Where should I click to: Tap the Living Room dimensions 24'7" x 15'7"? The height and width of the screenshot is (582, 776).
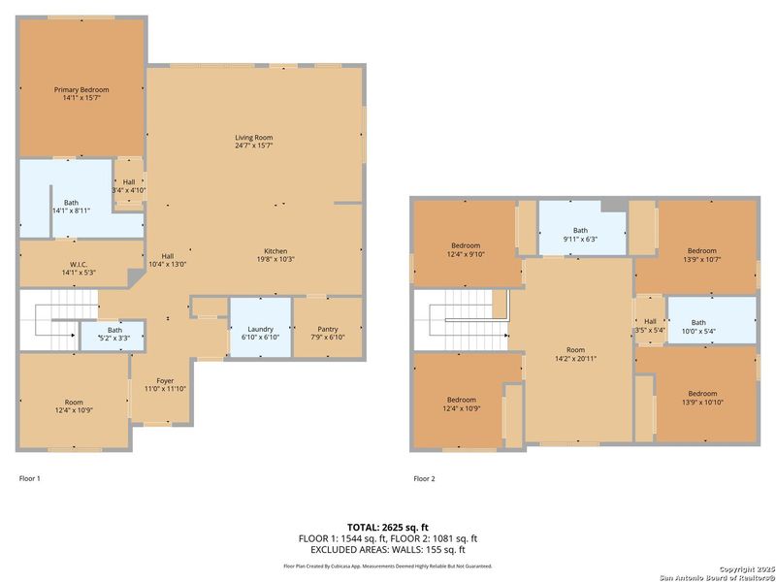(253, 146)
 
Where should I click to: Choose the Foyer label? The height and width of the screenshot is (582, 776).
(165, 381)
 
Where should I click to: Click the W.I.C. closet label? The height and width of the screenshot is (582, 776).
(79, 265)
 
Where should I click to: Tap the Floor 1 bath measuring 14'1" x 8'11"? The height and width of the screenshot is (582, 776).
(71, 206)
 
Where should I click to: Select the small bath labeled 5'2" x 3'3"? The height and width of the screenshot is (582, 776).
(114, 334)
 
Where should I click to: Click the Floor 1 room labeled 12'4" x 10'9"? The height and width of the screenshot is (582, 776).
(74, 406)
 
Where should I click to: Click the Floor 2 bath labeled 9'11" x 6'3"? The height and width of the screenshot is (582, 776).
(580, 234)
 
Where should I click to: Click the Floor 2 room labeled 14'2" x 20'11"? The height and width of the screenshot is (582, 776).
(576, 354)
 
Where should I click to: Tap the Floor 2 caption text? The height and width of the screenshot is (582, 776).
(424, 478)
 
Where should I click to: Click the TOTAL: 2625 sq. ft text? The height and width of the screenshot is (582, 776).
(387, 526)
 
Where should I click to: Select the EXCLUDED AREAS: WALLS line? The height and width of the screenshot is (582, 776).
(387, 548)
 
